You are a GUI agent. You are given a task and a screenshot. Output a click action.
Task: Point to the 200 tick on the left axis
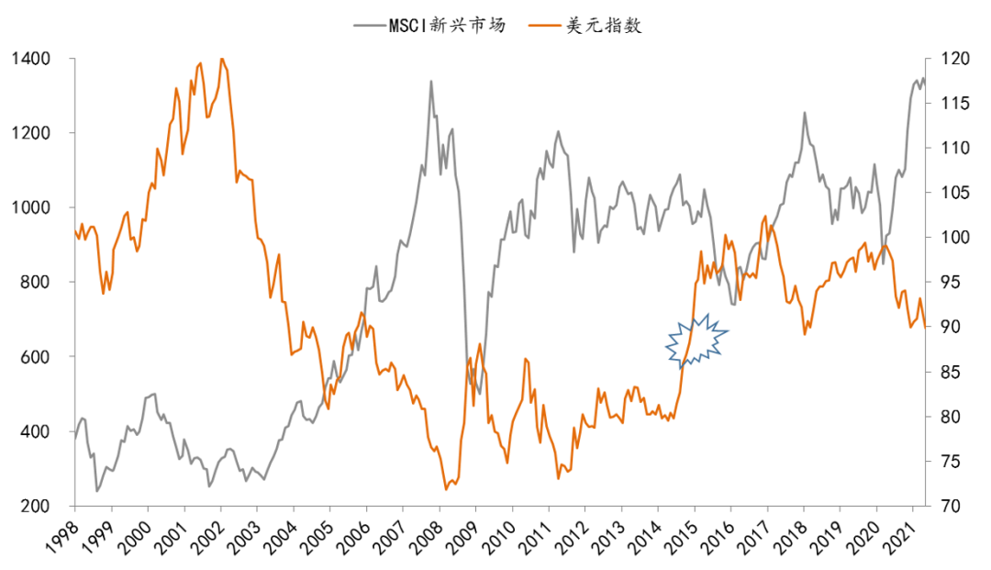click(36, 507)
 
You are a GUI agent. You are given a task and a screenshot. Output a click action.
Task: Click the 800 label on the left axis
click(36, 283)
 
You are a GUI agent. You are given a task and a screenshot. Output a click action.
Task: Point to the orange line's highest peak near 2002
click(222, 59)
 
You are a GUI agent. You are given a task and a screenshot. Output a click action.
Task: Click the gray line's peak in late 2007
click(431, 82)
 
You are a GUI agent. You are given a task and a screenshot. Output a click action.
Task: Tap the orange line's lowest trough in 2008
click(446, 489)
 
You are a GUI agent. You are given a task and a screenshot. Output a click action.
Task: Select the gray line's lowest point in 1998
click(97, 491)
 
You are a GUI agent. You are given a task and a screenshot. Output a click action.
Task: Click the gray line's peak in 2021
click(922, 78)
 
